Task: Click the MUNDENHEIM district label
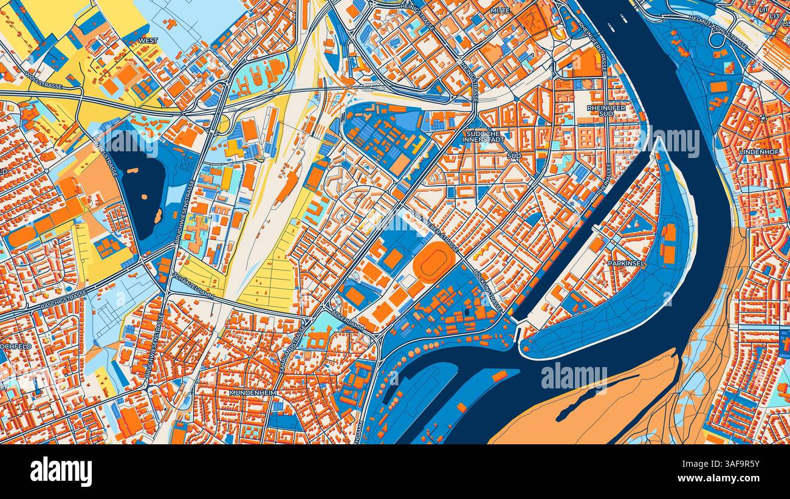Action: pyautogui.click(x=253, y=393)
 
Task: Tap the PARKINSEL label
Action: pyautogui.click(x=627, y=264)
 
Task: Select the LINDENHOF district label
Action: pyautogui.click(x=760, y=151)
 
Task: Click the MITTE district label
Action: pyautogui.click(x=501, y=10)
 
